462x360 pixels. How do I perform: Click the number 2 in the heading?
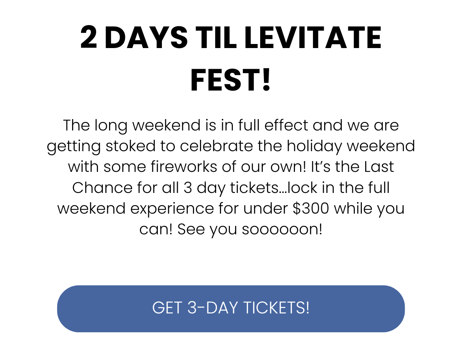pos(88,37)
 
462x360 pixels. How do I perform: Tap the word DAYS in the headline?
pos(146,37)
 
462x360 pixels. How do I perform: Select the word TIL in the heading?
pos(216,37)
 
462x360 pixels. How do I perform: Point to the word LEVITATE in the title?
pos(313,37)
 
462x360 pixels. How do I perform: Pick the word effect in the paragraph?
pos(286,125)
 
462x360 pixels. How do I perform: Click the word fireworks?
pos(184,166)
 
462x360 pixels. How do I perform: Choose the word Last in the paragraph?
pos(379,166)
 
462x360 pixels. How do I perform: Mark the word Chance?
pos(102,187)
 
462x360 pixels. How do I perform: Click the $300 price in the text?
pos(311,208)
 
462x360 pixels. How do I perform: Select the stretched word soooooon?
pos(282,229)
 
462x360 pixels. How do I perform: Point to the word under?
pos(265,208)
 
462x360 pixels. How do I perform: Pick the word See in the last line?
pos(191,229)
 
